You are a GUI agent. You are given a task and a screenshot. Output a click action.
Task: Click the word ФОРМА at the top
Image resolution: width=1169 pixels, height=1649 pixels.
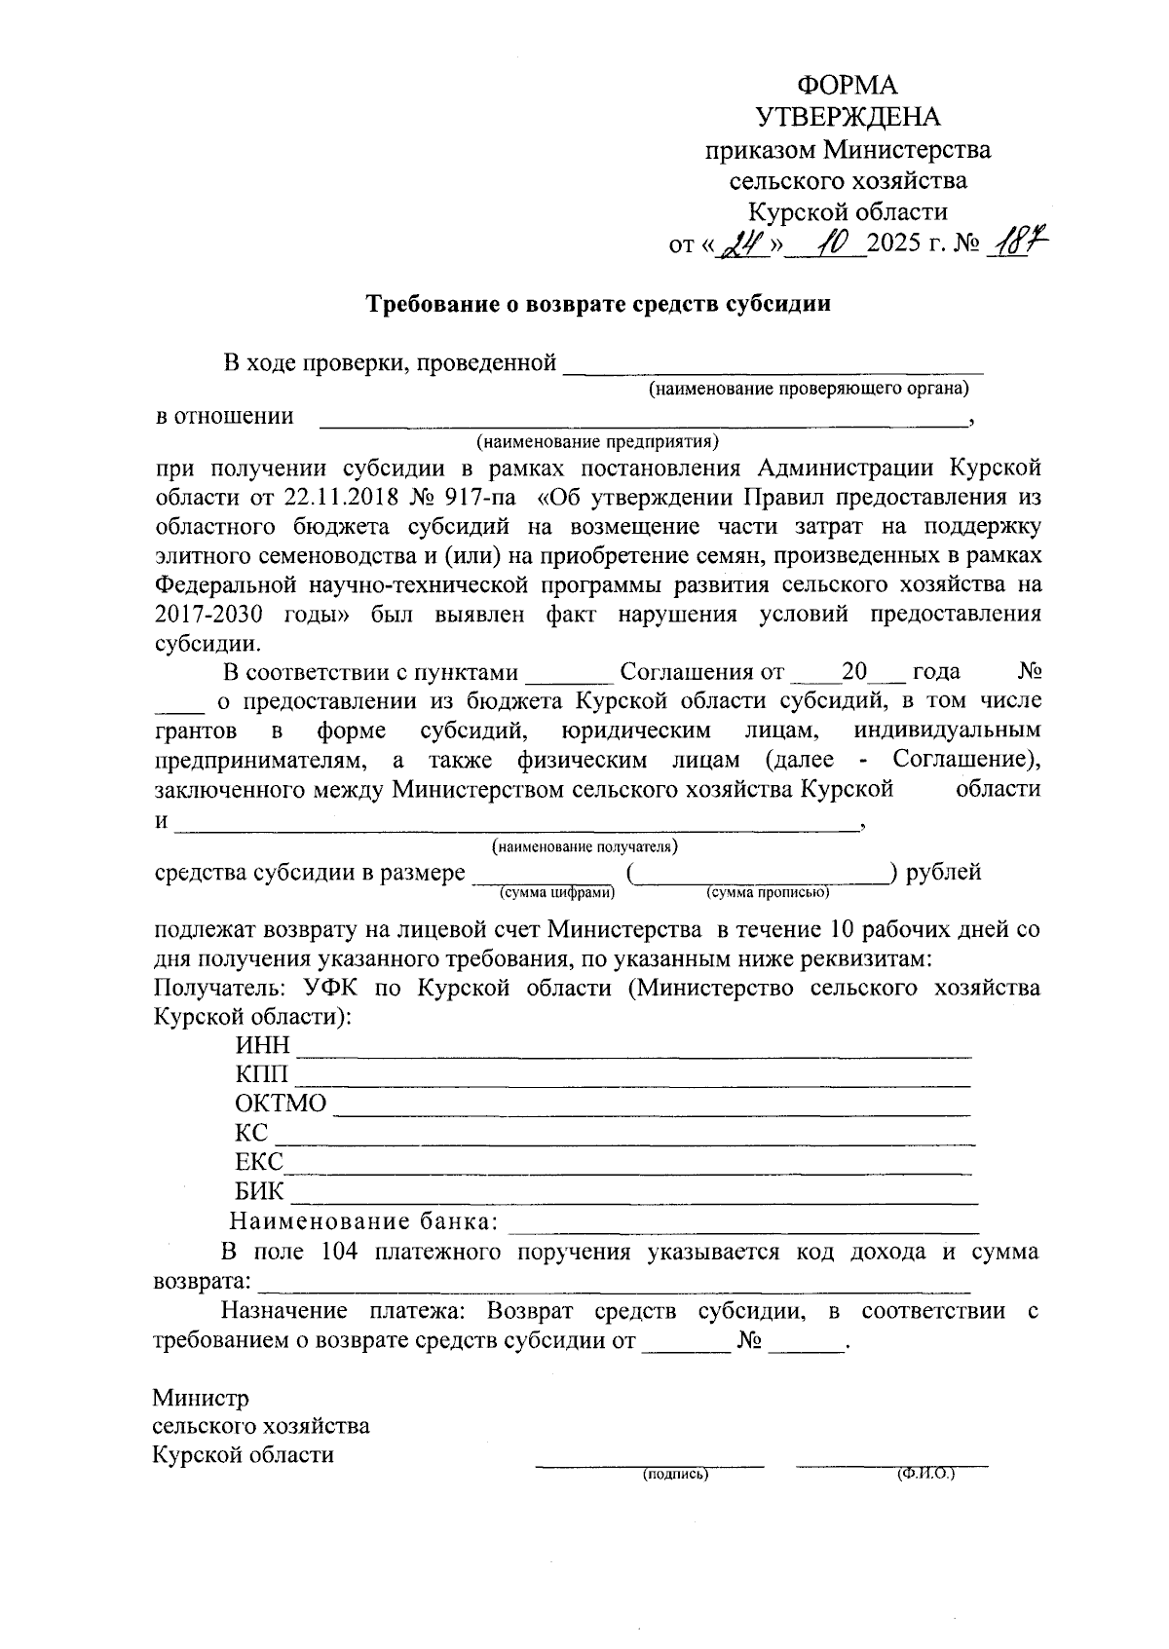(x=848, y=86)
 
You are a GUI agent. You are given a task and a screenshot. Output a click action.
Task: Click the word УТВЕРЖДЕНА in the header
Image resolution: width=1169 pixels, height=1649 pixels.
(x=848, y=118)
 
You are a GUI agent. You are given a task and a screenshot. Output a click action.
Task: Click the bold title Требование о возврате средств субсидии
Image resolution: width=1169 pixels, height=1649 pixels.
(x=598, y=304)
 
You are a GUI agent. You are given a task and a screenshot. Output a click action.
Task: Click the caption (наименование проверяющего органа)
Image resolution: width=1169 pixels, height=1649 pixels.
(x=810, y=390)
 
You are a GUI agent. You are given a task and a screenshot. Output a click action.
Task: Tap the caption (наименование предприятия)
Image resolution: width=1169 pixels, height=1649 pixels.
(x=597, y=442)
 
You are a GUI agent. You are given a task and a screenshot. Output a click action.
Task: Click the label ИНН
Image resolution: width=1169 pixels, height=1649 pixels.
(x=262, y=1046)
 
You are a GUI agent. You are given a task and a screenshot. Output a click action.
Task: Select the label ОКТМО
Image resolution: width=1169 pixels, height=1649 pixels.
(x=281, y=1105)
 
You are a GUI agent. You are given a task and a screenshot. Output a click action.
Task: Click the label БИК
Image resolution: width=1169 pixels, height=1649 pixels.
(x=259, y=1192)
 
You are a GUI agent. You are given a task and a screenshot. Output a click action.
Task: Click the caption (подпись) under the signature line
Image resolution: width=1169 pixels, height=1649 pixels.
(x=674, y=1475)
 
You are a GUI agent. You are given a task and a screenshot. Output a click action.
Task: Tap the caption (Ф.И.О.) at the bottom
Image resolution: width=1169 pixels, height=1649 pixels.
(x=925, y=1475)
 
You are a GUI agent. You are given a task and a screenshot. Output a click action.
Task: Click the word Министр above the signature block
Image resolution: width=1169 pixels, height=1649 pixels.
(x=201, y=1399)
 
